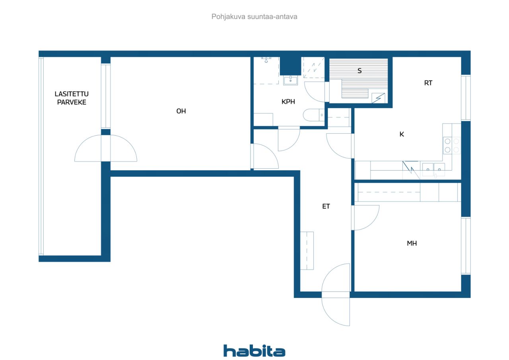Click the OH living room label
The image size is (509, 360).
181,111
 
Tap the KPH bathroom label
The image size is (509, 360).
288,102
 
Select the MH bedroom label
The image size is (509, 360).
412,243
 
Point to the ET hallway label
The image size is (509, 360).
326,206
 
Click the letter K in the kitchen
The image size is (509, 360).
402,134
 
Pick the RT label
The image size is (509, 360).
428,83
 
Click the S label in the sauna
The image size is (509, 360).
359,71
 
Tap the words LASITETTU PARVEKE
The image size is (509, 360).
72,98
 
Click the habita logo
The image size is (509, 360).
254,351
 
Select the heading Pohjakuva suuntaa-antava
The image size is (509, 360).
254,17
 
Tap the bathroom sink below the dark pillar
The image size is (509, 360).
290,80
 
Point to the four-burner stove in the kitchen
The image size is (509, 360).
452,146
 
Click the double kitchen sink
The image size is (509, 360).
433,169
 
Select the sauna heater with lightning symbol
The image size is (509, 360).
378,98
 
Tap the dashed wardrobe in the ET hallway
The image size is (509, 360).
307,251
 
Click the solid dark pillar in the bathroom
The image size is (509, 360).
290,66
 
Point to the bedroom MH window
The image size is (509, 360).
466,246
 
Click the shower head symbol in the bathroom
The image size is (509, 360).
266,60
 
